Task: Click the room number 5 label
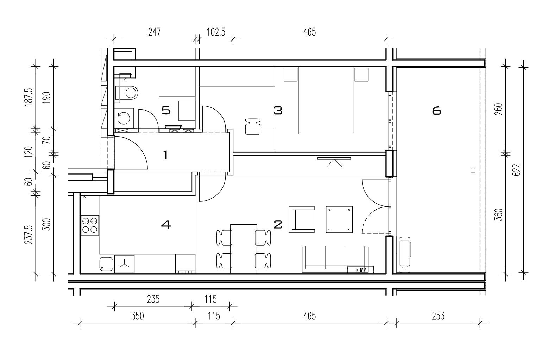click(x=166, y=110)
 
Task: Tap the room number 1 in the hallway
click(x=166, y=155)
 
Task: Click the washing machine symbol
click(x=124, y=118)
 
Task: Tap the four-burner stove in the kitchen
click(x=90, y=225)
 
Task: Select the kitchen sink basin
click(x=106, y=264)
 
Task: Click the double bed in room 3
click(x=326, y=100)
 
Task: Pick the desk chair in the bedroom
click(x=253, y=126)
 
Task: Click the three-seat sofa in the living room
click(x=335, y=259)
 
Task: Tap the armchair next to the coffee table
click(x=302, y=219)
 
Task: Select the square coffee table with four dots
click(x=339, y=219)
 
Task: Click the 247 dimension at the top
click(x=155, y=32)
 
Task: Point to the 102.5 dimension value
click(x=216, y=32)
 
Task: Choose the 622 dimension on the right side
click(x=517, y=170)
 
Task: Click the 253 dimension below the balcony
click(x=438, y=316)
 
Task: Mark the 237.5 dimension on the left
click(x=29, y=235)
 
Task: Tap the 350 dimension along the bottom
click(x=138, y=316)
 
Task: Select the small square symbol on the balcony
click(x=473, y=170)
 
